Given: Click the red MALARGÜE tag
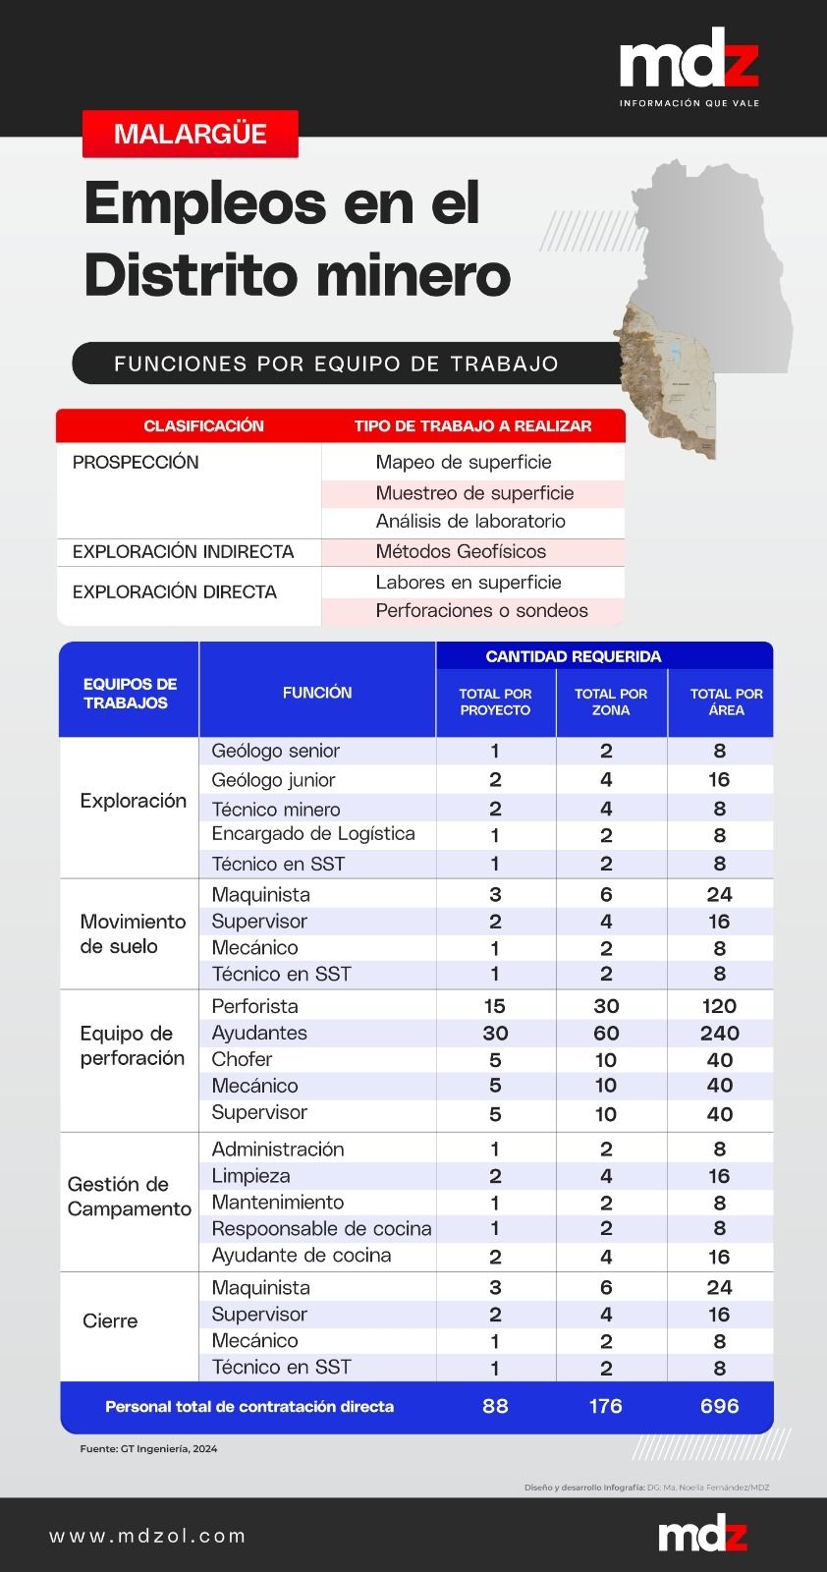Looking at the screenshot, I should click(x=191, y=134).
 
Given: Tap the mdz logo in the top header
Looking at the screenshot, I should click(x=689, y=61).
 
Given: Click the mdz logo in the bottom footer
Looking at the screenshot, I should click(x=702, y=1535).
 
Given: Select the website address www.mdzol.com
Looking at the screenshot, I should click(x=147, y=1536).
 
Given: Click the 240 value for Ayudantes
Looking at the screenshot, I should click(x=720, y=1033).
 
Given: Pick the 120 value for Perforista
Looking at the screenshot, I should click(x=720, y=1006).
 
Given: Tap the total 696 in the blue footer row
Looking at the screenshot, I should click(x=720, y=1406).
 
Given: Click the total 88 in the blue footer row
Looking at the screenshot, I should click(x=495, y=1406).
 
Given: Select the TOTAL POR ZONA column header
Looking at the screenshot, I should click(x=611, y=702).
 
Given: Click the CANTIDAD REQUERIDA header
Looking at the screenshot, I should click(x=574, y=656).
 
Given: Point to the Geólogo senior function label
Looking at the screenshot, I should click(x=275, y=751).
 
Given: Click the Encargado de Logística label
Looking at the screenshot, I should click(x=313, y=834).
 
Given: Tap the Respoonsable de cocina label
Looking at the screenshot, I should click(x=321, y=1228).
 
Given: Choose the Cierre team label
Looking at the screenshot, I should click(x=110, y=1321).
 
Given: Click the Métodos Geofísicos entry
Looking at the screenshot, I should click(x=461, y=551).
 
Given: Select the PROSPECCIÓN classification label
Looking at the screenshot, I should click(x=136, y=463).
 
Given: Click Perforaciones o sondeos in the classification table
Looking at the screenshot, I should click(x=481, y=610).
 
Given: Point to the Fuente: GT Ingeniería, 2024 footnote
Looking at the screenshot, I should click(x=148, y=1448).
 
